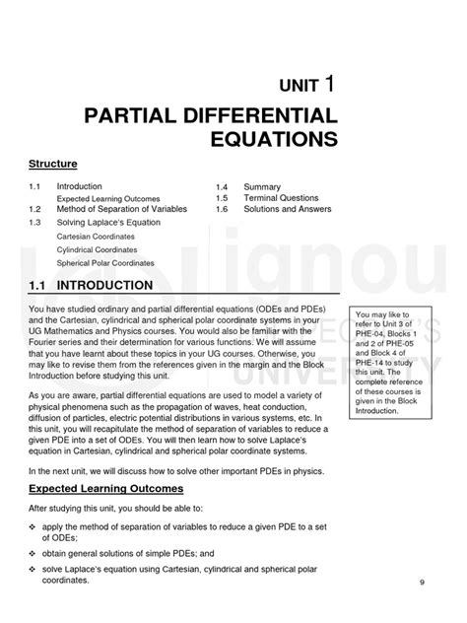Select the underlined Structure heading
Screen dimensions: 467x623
click(53, 163)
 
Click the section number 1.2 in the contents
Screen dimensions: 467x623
click(35, 209)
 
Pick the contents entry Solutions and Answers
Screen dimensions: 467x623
click(288, 209)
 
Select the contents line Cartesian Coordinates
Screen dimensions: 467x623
click(97, 238)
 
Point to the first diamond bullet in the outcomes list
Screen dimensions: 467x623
click(33, 554)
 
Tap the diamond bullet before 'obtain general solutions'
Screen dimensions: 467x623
click(33, 581)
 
